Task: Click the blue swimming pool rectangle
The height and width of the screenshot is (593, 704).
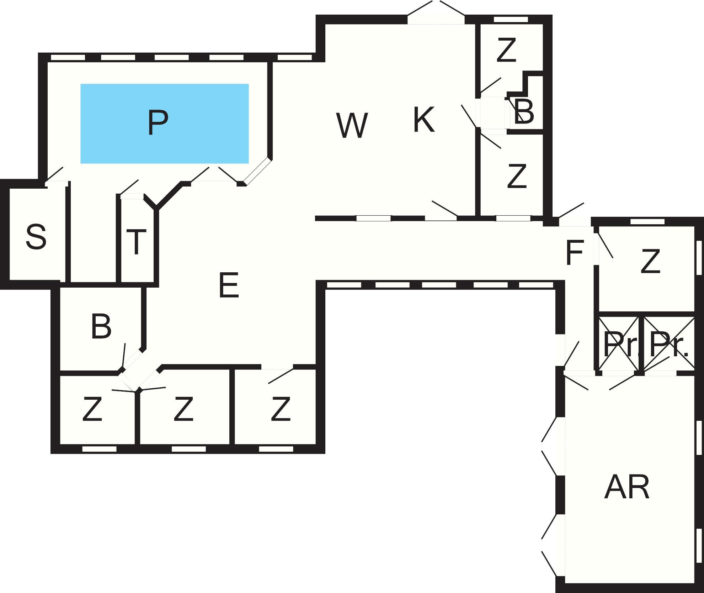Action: click(x=165, y=124)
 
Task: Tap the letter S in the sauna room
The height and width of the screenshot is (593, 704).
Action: click(x=36, y=236)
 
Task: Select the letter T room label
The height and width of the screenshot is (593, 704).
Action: click(x=136, y=242)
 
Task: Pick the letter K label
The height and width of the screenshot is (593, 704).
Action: click(x=424, y=120)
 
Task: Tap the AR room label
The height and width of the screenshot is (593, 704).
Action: click(x=627, y=487)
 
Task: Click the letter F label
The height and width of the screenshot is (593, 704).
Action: click(x=575, y=253)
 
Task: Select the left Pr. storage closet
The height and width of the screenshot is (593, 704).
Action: click(x=619, y=344)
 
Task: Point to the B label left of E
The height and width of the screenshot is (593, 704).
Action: click(x=101, y=326)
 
